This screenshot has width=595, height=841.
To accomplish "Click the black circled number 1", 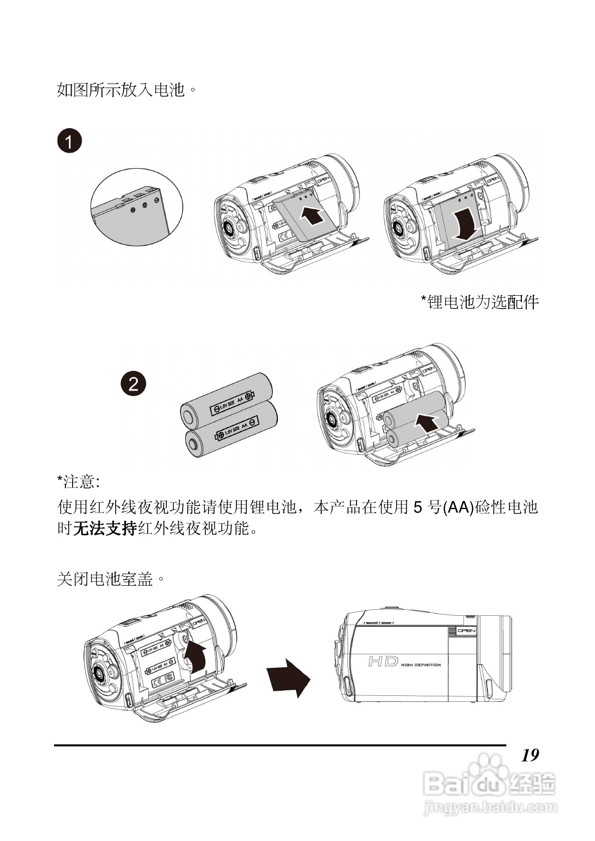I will (69, 141).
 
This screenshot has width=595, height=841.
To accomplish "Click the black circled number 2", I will (134, 384).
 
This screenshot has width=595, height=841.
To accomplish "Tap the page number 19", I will (530, 755).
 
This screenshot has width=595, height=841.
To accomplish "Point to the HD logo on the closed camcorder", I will (383, 662).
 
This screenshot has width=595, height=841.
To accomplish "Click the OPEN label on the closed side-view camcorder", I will (466, 631).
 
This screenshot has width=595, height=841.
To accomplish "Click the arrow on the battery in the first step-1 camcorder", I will (311, 216).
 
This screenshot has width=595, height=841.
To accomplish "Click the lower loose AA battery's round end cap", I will (194, 444).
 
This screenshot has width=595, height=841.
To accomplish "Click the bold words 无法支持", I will (105, 529).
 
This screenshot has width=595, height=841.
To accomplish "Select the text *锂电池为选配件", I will (479, 302).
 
